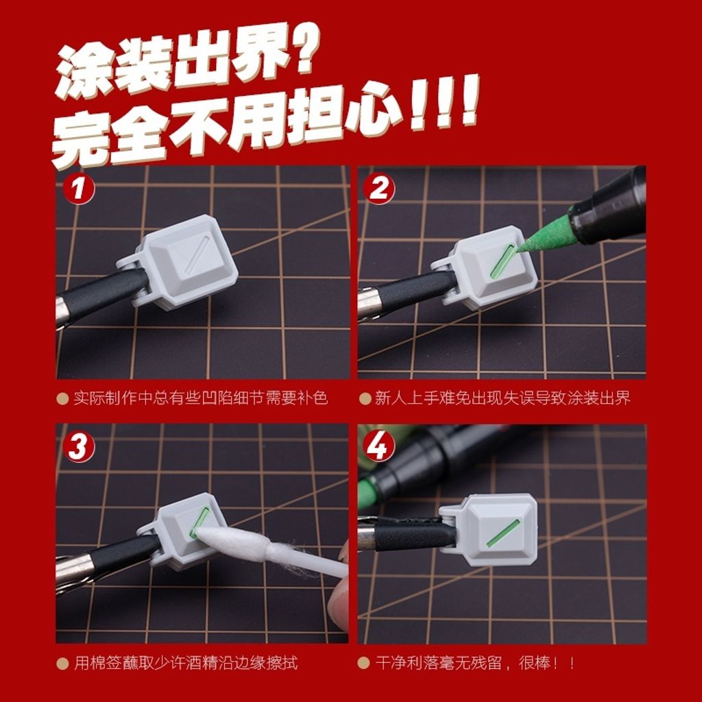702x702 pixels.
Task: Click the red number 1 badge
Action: tap(78, 188)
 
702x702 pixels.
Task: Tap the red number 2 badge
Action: tap(378, 188)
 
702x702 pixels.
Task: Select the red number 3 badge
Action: tap(78, 447)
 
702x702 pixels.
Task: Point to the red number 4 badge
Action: tap(378, 447)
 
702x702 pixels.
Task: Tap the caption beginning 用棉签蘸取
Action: tap(185, 663)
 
